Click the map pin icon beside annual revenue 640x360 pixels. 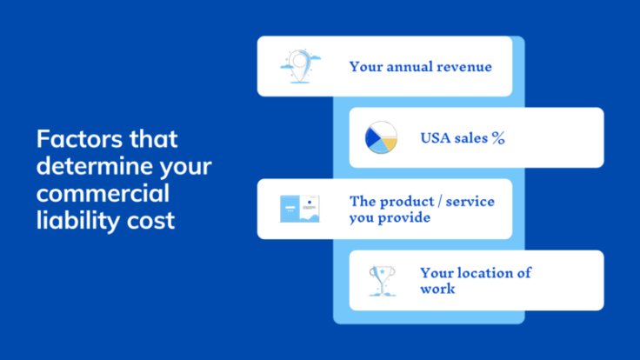pyautogui.click(x=299, y=65)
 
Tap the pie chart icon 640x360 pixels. pyautogui.click(x=381, y=138)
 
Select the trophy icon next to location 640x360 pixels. pyautogui.click(x=381, y=281)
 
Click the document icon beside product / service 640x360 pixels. pyautogui.click(x=299, y=209)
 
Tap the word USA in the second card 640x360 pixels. pyautogui.click(x=437, y=138)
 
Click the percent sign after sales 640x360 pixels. pyautogui.click(x=497, y=138)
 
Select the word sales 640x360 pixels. pyautogui.click(x=470, y=138)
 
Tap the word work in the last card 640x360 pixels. pyautogui.click(x=437, y=289)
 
